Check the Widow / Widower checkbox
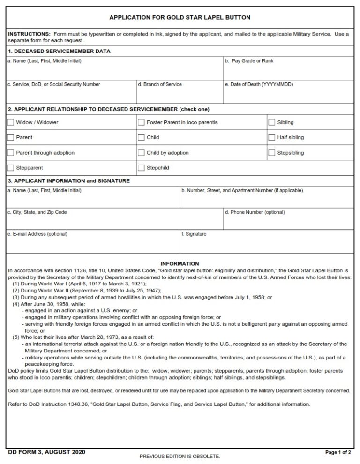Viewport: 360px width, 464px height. click(11, 122)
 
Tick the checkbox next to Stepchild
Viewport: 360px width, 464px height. click(141, 168)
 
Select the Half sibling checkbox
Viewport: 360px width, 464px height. click(271, 137)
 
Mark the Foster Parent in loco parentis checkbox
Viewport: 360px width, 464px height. click(141, 122)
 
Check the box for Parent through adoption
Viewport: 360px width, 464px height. click(11, 153)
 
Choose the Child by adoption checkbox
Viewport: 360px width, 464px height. click(141, 153)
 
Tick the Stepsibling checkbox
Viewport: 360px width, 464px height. click(271, 153)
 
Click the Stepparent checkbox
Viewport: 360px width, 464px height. click(11, 168)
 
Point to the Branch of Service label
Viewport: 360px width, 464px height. click(160, 84)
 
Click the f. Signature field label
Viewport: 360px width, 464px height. click(194, 234)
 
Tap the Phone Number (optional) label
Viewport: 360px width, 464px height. click(255, 212)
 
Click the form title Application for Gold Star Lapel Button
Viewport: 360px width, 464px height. click(180, 17)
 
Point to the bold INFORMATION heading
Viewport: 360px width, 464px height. click(180, 264)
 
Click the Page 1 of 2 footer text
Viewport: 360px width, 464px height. click(337, 453)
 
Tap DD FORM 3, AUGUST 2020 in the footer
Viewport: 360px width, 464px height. click(46, 452)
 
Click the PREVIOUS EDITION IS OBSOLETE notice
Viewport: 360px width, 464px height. click(180, 456)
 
